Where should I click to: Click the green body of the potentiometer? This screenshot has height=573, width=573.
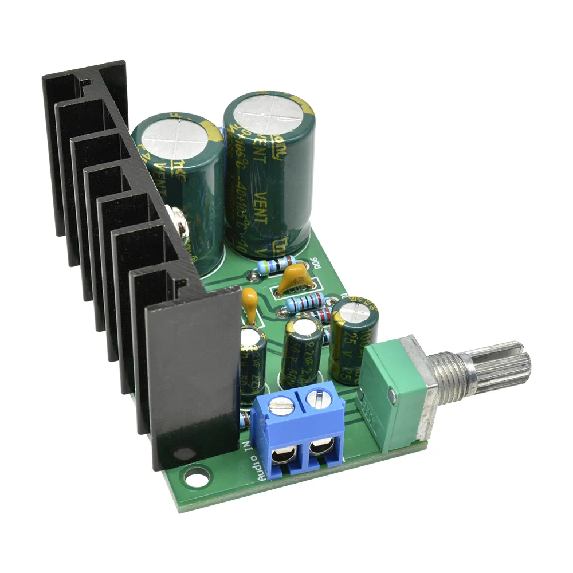(x=393, y=395)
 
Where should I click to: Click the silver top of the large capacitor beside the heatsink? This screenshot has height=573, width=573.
(x=174, y=134)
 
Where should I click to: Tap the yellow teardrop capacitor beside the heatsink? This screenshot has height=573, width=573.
(x=250, y=300)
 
